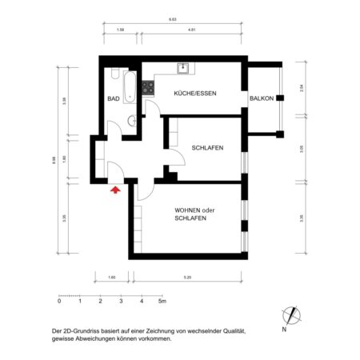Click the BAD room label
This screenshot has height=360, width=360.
click(x=114, y=99)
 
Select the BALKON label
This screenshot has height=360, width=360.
click(x=262, y=99)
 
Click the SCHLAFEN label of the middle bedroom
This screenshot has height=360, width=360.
click(x=207, y=148)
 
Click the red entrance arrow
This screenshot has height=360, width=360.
click(x=114, y=190)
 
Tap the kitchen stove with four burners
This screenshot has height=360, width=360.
click(x=148, y=85)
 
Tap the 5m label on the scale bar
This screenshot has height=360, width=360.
click(x=162, y=302)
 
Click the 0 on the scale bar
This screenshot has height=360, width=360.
click(x=59, y=302)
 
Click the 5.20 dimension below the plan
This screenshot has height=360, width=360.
click(x=187, y=278)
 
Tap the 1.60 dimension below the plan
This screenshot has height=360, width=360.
click(x=111, y=278)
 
